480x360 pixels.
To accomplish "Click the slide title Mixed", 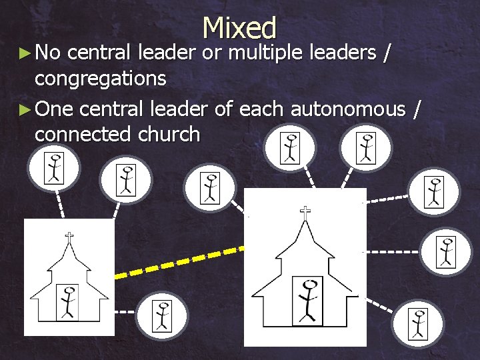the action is pos(239,28).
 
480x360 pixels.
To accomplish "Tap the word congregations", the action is pos(100,79).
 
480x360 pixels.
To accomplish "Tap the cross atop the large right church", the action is pos(305,213).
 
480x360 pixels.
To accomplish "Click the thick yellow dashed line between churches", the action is pos(180,261).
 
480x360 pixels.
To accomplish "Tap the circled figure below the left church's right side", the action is pos(162,315).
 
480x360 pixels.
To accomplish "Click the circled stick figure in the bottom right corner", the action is pos(418,323).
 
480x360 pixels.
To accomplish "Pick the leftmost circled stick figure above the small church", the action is pos(53,167).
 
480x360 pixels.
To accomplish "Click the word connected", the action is pos(83,134).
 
